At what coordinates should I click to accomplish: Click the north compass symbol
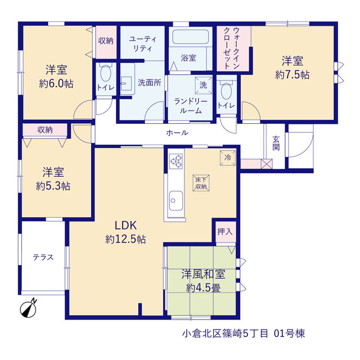point(29,309)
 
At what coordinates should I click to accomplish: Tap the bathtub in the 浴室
point(190,37)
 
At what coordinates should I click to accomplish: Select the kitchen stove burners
point(176,161)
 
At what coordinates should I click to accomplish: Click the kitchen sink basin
point(176,200)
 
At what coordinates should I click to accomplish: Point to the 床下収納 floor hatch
point(201,183)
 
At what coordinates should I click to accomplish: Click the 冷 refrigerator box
point(228,157)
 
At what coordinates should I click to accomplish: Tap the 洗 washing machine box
point(204,85)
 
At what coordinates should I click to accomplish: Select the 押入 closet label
point(225,231)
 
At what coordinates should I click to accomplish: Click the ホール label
point(177,133)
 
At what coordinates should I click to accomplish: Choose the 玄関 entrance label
point(276,143)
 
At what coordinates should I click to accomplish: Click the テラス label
point(43,258)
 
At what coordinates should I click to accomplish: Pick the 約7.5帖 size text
point(292,75)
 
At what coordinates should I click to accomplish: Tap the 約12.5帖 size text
point(125,239)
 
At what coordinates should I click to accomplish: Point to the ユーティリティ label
point(142,44)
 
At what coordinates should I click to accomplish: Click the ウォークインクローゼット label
point(232,48)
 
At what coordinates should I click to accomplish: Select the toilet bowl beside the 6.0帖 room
point(106,73)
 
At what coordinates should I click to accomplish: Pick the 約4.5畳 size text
point(204,288)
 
